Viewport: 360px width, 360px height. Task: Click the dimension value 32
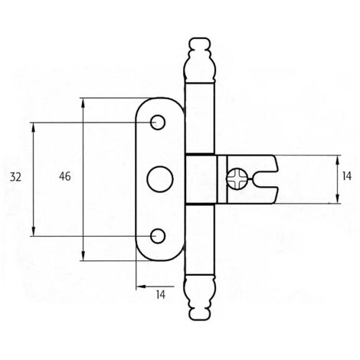pyautogui.click(x=15, y=177)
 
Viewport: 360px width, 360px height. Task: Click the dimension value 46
pyautogui.click(x=65, y=176)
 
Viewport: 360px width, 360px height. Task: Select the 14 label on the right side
pyautogui.click(x=346, y=176)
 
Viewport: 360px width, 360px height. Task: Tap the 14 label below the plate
pyautogui.click(x=161, y=295)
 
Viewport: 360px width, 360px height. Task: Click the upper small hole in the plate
pyautogui.click(x=158, y=123)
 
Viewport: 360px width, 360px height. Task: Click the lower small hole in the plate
pyautogui.click(x=158, y=236)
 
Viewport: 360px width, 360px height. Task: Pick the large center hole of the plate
pyautogui.click(x=160, y=179)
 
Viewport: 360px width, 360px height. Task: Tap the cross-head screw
pyautogui.click(x=237, y=179)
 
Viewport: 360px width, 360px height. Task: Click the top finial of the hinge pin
pyautogui.click(x=200, y=61)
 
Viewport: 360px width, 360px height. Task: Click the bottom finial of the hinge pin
pyautogui.click(x=200, y=297)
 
